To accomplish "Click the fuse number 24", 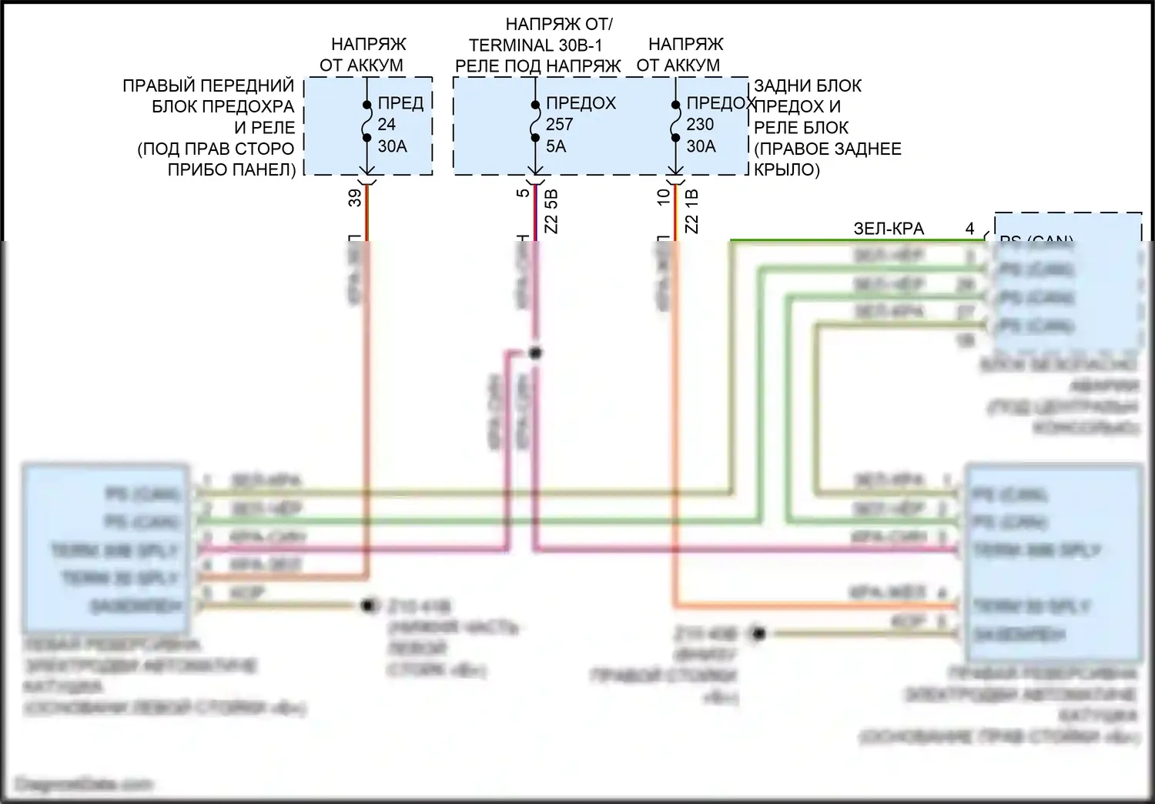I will [x=387, y=124].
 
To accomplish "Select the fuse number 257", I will [x=559, y=124].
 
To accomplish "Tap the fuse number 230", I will [x=700, y=124].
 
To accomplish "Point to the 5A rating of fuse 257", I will [x=555, y=146].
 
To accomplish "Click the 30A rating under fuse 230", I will [x=701, y=146].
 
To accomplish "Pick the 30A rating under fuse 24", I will [x=392, y=146].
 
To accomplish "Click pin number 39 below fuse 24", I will [x=355, y=198].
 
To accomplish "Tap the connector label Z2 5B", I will [x=551, y=212].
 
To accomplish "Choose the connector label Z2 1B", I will [x=691, y=212].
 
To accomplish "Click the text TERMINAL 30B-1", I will [x=536, y=45].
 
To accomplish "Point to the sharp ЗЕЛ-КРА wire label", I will [x=889, y=229].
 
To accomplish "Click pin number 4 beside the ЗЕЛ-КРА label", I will [x=969, y=229].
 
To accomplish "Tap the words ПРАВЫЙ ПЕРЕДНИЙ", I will [x=209, y=85].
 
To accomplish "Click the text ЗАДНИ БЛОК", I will [x=808, y=85].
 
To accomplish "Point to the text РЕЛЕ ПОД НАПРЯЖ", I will [x=537, y=66].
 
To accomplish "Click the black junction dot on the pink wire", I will [x=535, y=353].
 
